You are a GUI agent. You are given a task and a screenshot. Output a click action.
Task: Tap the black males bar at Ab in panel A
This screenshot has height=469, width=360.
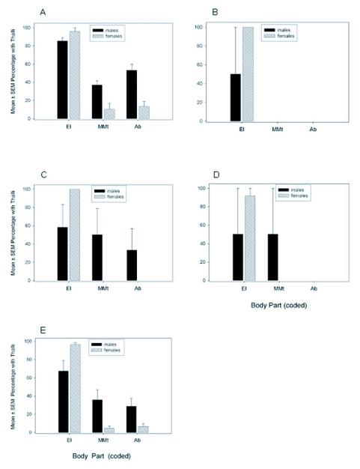[132, 94]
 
